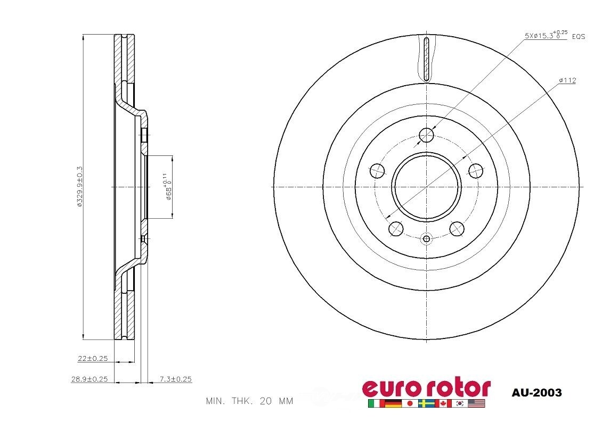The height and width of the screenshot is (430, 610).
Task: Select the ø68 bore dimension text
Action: click(x=167, y=186)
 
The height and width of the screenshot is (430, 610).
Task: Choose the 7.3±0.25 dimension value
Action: click(x=175, y=379)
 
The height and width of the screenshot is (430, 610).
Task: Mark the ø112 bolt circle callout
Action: click(x=567, y=80)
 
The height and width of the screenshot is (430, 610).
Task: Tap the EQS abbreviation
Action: click(x=579, y=36)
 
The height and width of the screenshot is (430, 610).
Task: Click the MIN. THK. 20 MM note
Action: click(x=249, y=401)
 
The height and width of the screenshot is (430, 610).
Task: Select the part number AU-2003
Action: click(x=536, y=393)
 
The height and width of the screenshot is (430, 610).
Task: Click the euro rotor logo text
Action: click(x=426, y=387)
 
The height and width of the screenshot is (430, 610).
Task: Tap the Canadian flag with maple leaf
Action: click(x=443, y=404)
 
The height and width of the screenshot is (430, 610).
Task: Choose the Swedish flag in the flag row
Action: click(x=426, y=404)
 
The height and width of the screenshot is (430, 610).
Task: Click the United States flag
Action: click(x=477, y=404)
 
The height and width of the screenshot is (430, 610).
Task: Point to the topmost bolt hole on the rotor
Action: click(x=427, y=136)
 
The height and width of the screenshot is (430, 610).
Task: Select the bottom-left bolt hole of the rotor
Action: click(x=396, y=229)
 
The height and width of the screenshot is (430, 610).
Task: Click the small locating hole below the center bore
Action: click(x=426, y=238)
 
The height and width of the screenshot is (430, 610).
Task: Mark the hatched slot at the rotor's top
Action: click(x=426, y=59)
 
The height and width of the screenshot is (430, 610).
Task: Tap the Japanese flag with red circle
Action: click(x=410, y=404)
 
